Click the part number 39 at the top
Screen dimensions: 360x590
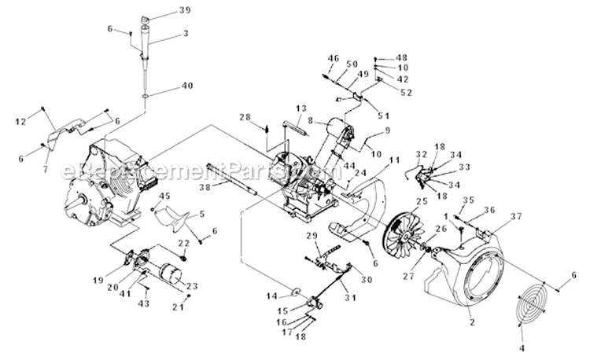(185, 10)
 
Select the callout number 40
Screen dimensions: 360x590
(186, 86)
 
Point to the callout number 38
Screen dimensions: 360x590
(205, 189)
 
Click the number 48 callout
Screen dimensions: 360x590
(402, 57)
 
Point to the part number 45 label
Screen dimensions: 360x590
(165, 196)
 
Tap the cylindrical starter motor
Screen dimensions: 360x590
(168, 275)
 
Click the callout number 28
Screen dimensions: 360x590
(245, 118)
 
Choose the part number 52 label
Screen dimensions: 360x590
(406, 92)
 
